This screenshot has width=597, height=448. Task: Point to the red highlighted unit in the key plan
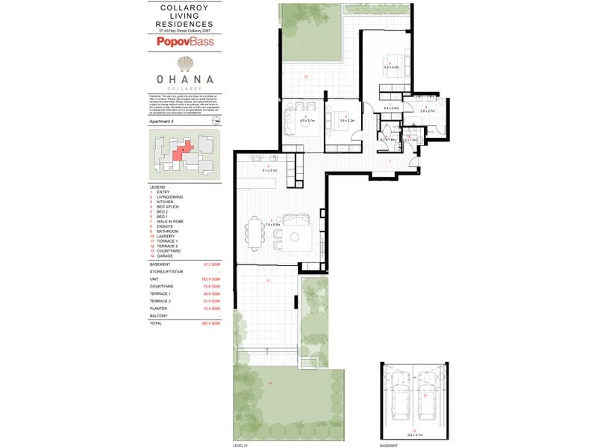coord(181,152)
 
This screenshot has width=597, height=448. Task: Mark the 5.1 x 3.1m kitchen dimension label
coord(269,171)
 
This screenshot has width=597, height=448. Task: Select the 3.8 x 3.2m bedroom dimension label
coord(346,119)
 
